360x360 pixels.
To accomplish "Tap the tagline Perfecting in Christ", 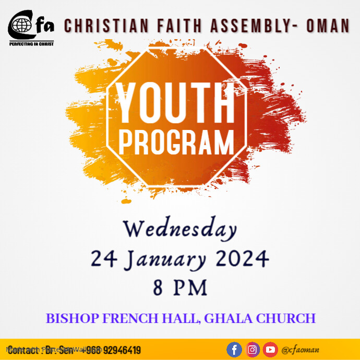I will (x=31, y=44).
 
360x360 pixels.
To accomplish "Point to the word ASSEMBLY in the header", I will (x=248, y=26).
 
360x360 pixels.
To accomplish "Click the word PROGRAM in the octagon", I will (x=176, y=141).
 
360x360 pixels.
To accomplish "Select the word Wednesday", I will (x=179, y=229).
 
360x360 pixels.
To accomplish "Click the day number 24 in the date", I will (x=102, y=258).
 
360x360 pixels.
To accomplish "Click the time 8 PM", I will (x=180, y=287).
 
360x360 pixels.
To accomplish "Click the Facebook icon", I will (x=235, y=350).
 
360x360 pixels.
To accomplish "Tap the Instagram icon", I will (x=253, y=350).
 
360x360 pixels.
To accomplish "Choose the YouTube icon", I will (x=270, y=350).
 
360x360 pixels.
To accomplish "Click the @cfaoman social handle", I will (x=300, y=350).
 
